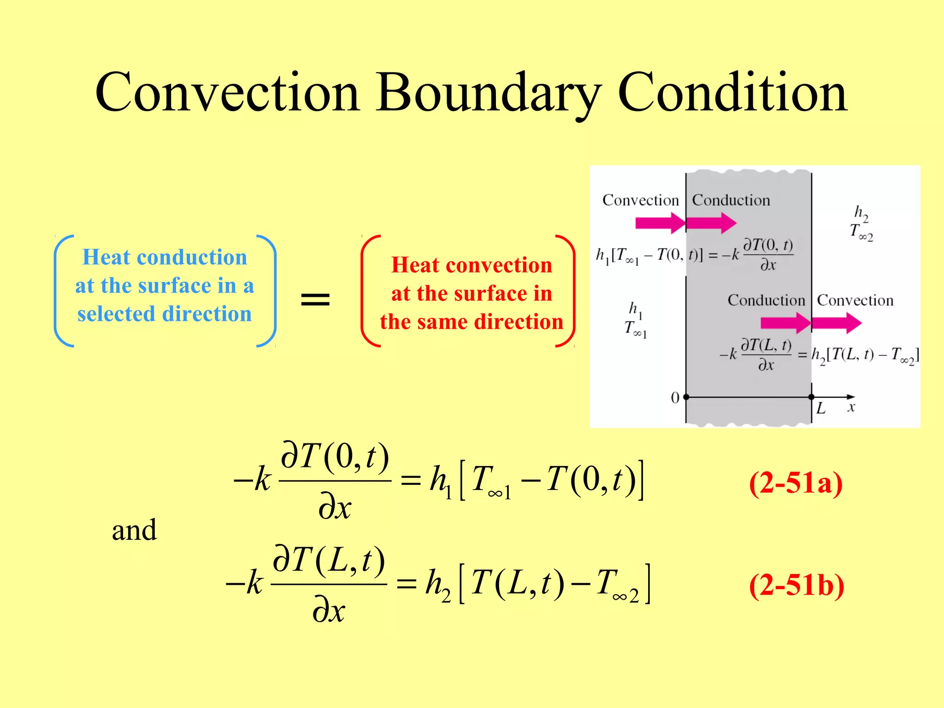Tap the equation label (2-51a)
(796, 483)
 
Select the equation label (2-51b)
(796, 585)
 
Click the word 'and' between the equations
(134, 530)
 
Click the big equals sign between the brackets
(315, 299)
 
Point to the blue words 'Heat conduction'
(165, 257)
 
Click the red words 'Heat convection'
(472, 265)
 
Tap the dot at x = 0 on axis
(686, 397)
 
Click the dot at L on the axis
(811, 397)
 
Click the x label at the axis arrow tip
(851, 407)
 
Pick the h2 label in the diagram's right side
(861, 213)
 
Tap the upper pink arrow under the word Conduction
(711, 224)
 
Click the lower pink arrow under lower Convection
(836, 323)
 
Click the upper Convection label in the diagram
(640, 200)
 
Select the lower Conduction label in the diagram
(766, 300)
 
